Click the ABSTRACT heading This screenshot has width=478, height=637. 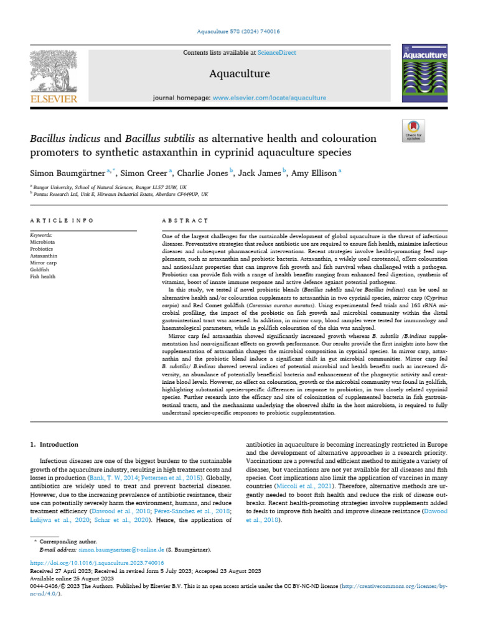point(184,220)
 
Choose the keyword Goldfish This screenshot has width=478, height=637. point(40,269)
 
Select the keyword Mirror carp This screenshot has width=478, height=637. point(43,263)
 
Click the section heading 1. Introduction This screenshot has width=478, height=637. point(55,445)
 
